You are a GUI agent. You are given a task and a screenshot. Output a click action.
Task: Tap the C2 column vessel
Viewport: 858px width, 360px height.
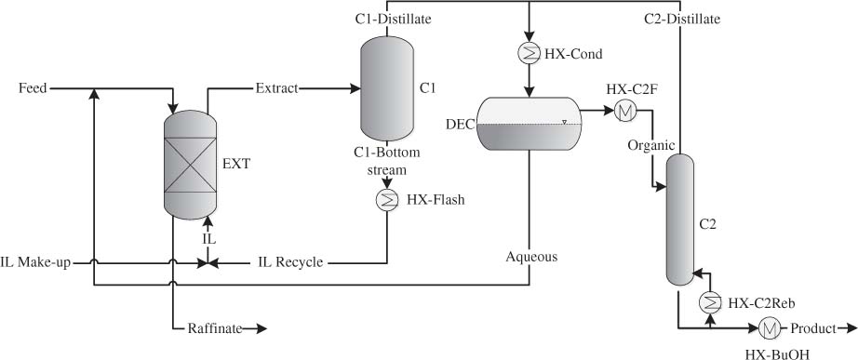680,219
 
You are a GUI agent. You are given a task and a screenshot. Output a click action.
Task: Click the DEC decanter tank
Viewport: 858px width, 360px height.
529,124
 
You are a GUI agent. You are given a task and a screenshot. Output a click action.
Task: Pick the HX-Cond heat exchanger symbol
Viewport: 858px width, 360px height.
529,53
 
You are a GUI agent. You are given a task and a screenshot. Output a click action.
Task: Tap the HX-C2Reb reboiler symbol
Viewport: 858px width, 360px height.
709,301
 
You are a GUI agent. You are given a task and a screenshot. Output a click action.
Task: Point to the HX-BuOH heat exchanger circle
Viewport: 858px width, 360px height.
771,328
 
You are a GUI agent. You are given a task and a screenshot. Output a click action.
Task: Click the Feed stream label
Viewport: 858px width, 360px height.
34,88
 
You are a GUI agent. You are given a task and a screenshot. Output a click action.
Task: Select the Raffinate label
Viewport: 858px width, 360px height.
215,328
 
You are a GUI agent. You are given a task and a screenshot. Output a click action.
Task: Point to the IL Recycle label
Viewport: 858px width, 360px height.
290,263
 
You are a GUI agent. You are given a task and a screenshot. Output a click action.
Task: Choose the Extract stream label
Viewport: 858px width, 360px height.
276,88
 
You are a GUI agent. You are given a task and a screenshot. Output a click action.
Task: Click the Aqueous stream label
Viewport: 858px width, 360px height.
531,257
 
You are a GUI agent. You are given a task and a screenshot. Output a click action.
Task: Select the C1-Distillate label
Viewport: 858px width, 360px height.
392,18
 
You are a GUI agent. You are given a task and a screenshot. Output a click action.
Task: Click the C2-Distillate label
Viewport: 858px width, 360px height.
682,18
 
